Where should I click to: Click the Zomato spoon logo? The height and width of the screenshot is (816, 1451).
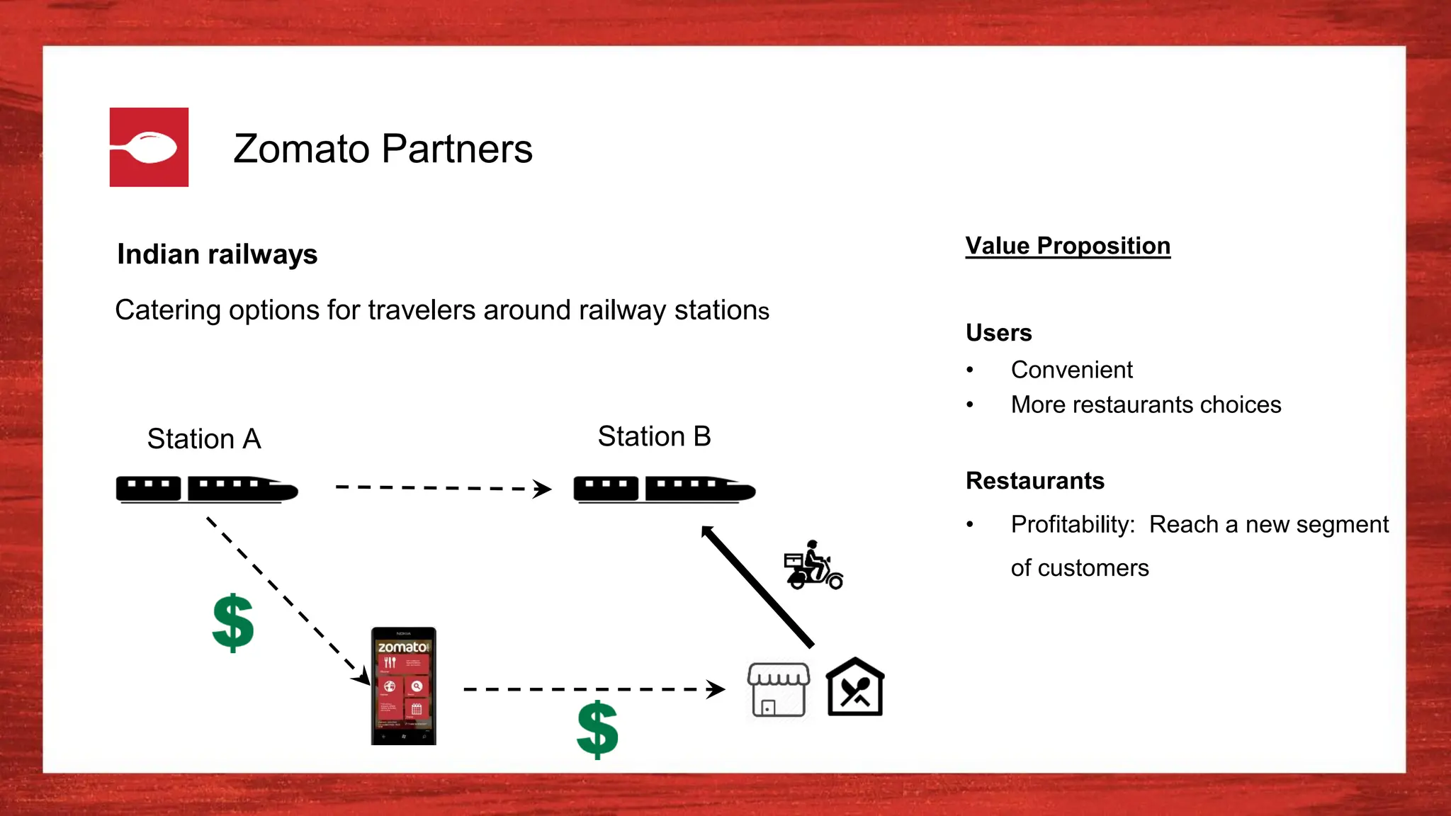point(149,147)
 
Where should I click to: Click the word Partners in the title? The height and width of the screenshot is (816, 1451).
point(457,149)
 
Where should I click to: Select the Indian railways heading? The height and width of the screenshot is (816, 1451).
point(217,254)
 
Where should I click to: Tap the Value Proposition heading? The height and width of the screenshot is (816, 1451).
point(1067,246)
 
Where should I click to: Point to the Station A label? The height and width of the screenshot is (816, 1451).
point(204,439)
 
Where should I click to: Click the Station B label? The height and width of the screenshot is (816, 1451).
point(654,436)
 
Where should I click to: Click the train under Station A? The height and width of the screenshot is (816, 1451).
point(207,489)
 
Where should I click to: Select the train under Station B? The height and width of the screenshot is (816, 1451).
point(664,489)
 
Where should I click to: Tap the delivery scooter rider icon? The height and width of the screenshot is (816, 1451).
point(813,566)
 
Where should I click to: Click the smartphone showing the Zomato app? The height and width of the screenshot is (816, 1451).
point(403,686)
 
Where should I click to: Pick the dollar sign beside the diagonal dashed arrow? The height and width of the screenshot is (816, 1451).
point(233,623)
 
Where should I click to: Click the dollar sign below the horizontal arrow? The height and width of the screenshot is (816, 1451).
point(597,730)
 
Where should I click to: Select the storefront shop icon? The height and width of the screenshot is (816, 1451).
point(778,690)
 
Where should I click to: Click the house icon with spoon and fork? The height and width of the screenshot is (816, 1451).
point(855,688)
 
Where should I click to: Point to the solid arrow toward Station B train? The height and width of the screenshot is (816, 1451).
point(757,586)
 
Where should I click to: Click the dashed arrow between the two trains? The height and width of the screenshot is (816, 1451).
point(443,488)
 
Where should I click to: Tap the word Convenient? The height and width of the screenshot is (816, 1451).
point(1071,370)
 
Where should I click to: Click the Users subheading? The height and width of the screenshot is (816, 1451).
point(998,333)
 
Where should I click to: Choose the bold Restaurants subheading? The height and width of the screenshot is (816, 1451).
point(1034,481)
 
